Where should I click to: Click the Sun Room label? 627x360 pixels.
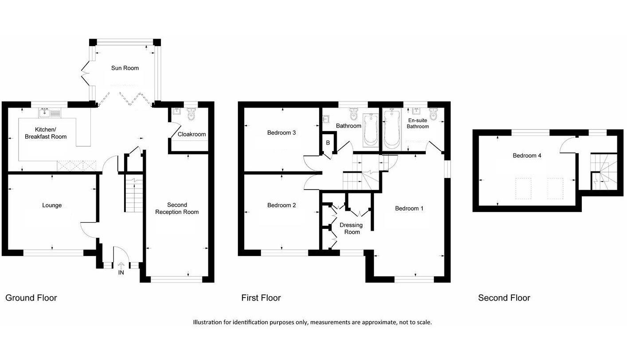coord(125,68)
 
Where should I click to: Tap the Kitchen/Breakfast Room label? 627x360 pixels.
coord(46,133)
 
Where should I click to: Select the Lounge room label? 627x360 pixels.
coord(52,205)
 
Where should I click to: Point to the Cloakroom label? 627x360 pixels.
coord(191,134)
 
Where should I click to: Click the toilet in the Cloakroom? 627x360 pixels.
coord(191,115)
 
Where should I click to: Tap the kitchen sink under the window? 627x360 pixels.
coord(44,113)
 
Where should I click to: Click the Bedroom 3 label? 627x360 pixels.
coord(281,133)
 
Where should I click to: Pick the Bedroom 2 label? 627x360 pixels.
coord(281,205)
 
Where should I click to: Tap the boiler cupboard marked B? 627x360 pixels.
coord(328,143)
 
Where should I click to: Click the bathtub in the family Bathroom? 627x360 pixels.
coord(370,130)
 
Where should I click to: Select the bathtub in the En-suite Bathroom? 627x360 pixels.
coord(391,130)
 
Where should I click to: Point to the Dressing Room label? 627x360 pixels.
coord(351,228)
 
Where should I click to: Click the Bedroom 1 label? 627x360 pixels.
coord(409,209)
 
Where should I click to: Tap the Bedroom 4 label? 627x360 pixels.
coord(527,156)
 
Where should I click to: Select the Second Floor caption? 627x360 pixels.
coord(504,298)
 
